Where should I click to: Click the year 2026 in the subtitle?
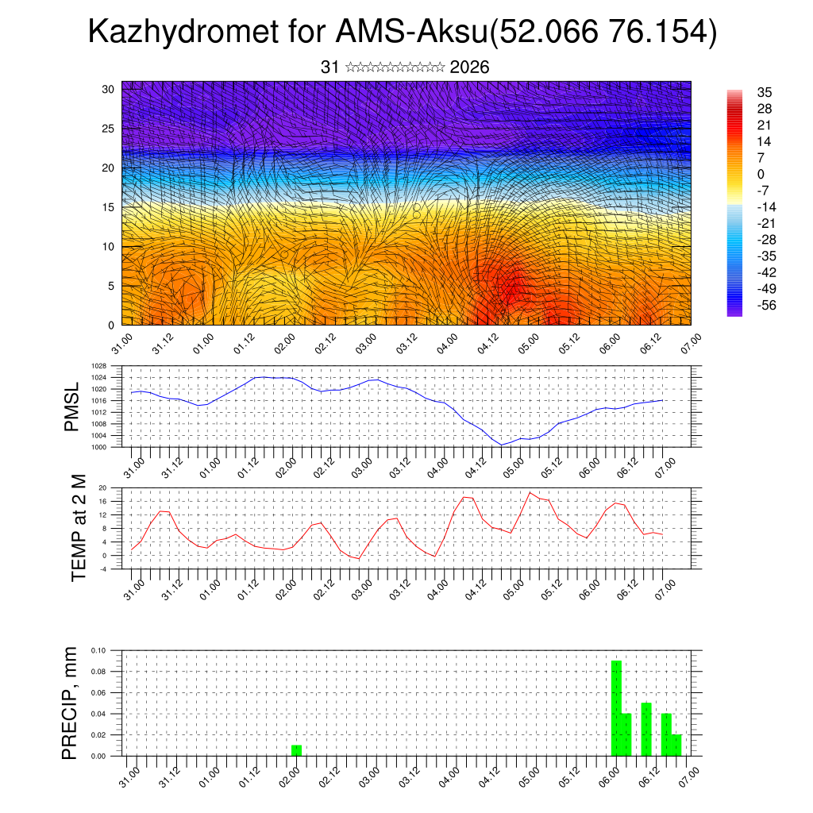[x=469, y=67]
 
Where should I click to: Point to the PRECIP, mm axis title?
[x=71, y=703]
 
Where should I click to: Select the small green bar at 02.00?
[x=296, y=750]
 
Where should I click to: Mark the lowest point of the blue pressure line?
[x=502, y=445]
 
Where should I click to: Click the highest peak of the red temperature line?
[x=530, y=493]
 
